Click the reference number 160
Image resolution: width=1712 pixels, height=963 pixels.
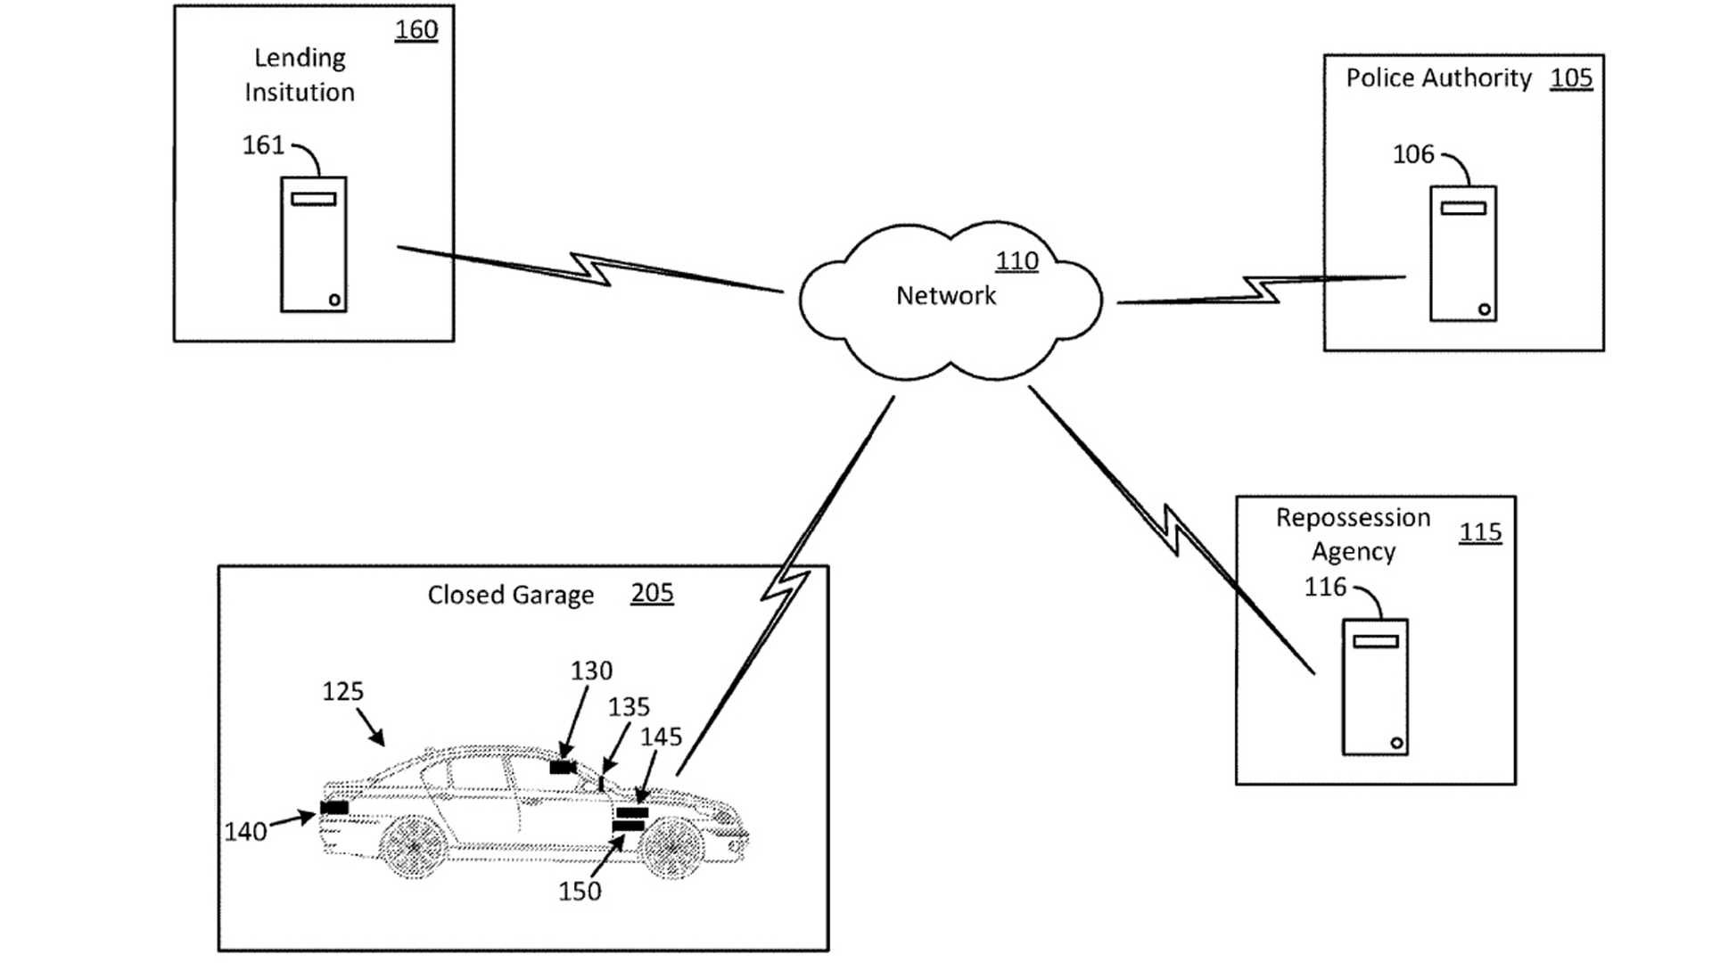point(416,29)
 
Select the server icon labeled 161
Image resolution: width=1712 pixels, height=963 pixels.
point(313,244)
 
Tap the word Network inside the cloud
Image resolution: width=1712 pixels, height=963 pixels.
point(946,295)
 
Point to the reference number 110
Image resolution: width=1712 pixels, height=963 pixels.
point(1017,261)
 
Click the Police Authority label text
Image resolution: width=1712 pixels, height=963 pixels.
point(1438,78)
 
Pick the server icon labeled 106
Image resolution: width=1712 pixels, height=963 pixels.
point(1462,253)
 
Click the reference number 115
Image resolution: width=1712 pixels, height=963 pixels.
point(1480,532)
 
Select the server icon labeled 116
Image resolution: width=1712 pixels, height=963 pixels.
point(1375,687)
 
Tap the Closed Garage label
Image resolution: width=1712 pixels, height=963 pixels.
point(510,595)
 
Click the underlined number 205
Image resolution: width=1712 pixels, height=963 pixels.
point(652,593)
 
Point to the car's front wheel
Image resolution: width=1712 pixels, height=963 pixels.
point(672,848)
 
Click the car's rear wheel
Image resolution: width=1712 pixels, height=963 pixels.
point(414,846)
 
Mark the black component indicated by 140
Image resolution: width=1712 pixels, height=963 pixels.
point(335,808)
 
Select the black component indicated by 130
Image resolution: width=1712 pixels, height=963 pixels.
point(563,768)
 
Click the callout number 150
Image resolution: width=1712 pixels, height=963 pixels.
point(580,892)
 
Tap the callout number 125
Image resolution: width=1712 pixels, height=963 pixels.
point(342,691)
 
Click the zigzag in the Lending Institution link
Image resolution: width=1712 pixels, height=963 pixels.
point(591,268)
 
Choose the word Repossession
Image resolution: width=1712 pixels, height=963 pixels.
point(1353,518)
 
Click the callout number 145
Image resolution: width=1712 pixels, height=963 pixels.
point(661,737)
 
